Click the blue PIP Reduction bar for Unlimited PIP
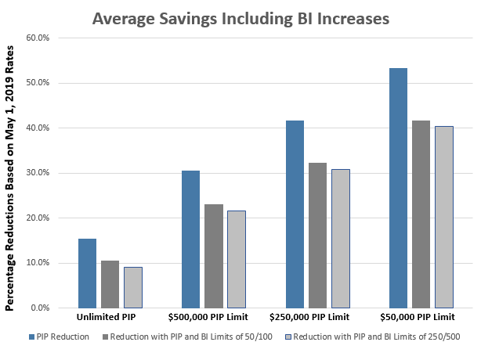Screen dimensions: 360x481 click(88, 273)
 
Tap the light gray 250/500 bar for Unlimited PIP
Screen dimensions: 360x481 click(133, 287)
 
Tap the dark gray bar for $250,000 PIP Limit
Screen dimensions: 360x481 click(317, 235)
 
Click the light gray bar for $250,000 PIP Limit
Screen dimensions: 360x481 click(340, 238)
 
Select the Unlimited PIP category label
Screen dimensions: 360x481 click(110, 318)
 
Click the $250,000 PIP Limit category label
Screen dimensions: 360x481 click(317, 318)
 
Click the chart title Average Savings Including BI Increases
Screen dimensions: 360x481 click(240, 17)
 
